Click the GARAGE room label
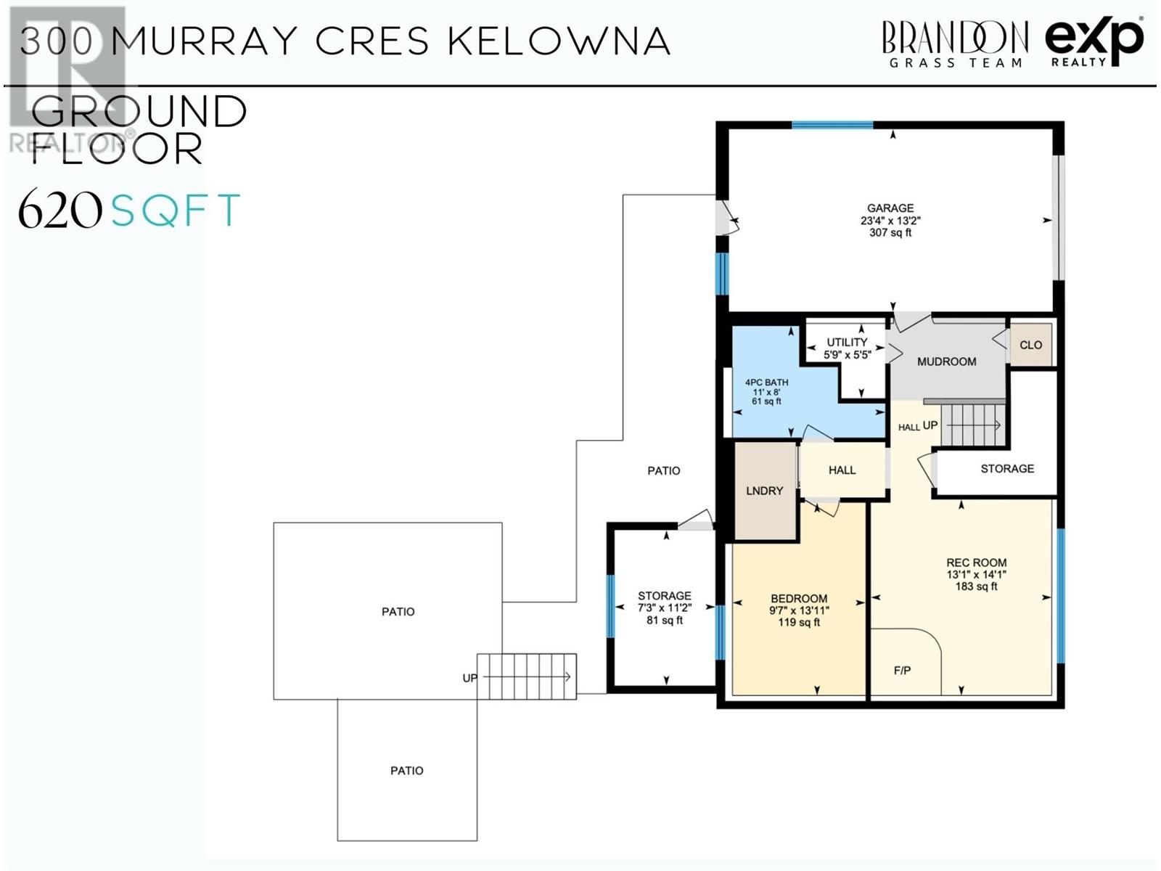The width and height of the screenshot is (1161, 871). pos(890,208)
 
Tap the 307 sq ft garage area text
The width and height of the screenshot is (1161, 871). pos(890,233)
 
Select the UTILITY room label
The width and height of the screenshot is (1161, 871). pos(847,342)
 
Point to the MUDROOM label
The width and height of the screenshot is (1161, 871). pos(946,361)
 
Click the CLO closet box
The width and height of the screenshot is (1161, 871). pos(1030,345)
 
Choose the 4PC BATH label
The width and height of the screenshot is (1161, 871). pos(766,383)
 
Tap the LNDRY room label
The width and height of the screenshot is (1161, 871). pos(764,491)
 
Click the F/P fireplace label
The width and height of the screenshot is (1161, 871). pos(902,671)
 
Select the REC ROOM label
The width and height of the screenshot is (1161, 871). pos(977,563)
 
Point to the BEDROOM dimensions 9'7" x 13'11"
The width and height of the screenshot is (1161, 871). pos(799,611)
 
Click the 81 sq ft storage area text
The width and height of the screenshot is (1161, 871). pos(665,621)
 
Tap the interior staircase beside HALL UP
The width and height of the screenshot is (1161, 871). pos(973,425)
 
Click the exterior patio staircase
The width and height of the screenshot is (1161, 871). pos(527,677)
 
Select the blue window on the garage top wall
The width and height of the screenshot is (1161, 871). pos(832,126)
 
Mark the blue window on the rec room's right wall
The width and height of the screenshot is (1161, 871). pos(1061,595)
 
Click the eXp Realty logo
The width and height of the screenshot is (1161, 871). pos(1094,41)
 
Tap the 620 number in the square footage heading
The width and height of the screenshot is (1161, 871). pos(60,210)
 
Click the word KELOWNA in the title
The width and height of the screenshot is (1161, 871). pos(559,41)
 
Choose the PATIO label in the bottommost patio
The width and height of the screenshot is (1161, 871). pos(407,771)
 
